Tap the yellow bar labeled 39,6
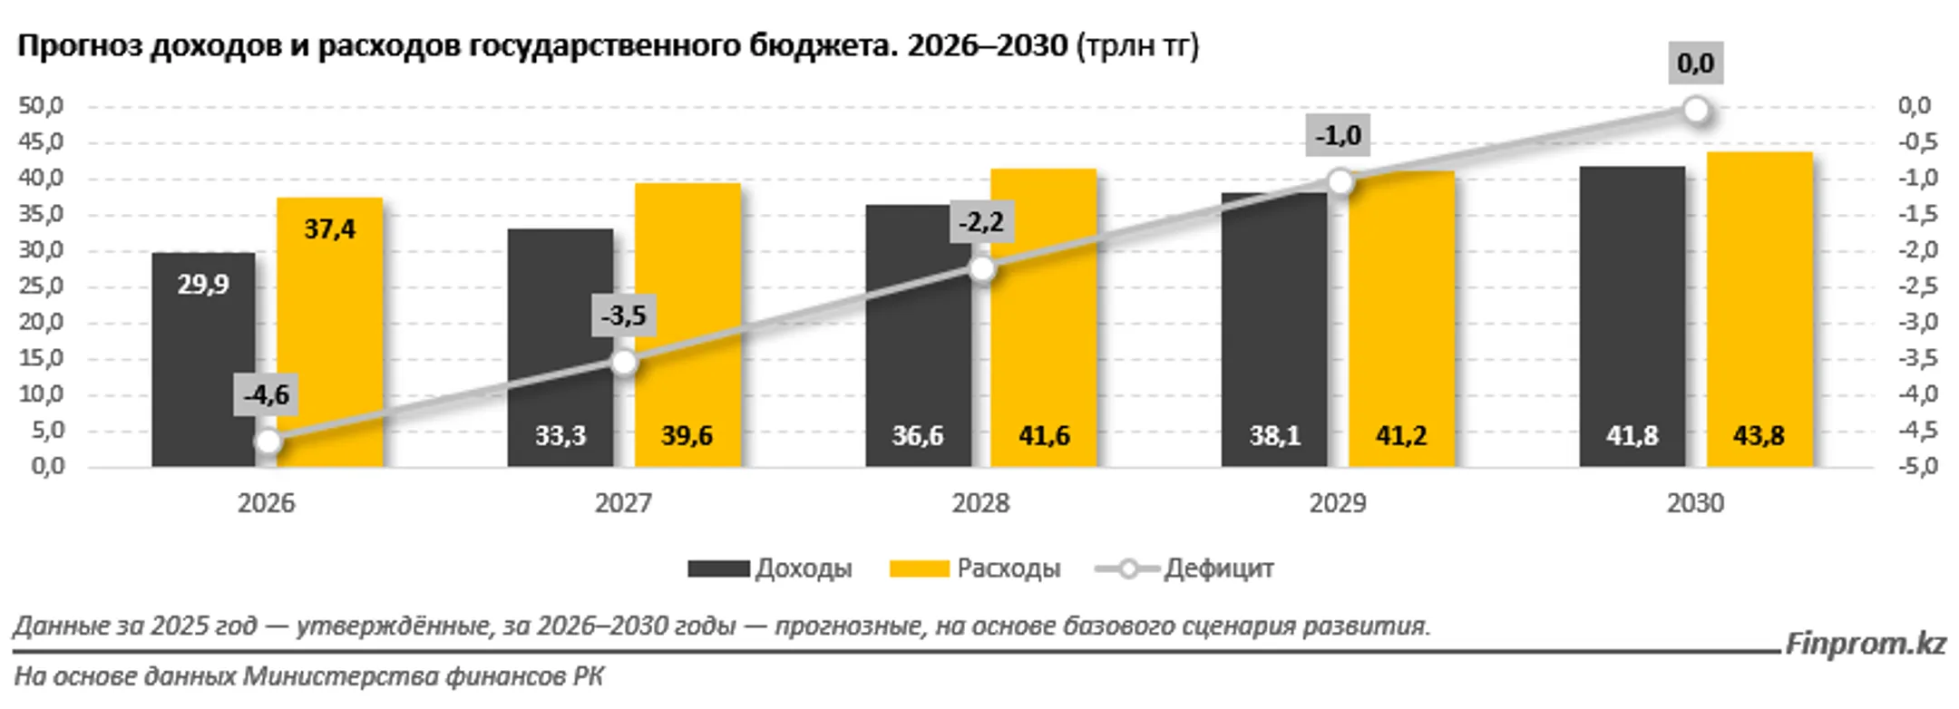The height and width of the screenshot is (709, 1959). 687,326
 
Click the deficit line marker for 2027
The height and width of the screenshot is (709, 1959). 624,363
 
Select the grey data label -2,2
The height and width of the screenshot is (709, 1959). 981,222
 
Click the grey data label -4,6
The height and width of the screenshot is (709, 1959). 266,395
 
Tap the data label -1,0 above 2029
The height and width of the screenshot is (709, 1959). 1338,136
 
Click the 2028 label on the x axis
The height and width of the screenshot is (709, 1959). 980,503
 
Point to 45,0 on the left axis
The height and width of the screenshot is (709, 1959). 41,142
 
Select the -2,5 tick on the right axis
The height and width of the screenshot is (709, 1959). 1917,287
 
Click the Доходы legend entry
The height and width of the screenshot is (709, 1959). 771,568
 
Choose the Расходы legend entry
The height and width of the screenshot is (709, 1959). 976,568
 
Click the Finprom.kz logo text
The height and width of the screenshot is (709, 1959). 1865,644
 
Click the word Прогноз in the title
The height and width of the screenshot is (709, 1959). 79,45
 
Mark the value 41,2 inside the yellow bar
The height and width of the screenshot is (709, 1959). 1401,436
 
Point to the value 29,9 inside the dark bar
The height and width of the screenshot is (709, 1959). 203,285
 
